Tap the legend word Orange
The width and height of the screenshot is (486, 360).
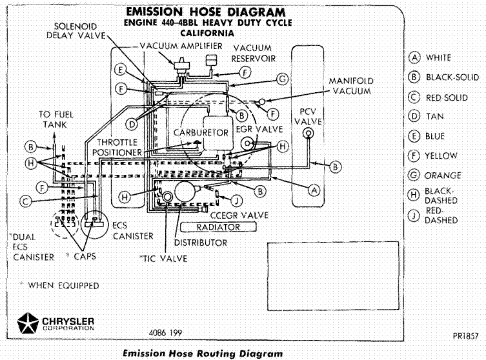[x=443, y=175]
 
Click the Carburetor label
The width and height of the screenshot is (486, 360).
[x=202, y=132]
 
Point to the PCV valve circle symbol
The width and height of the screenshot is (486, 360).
[x=308, y=134]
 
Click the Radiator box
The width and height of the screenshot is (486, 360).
[x=209, y=227]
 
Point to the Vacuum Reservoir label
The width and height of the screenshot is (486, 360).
[x=254, y=53]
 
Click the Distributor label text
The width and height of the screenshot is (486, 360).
[x=200, y=243]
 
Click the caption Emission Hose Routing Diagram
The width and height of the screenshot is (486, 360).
[x=202, y=354]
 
